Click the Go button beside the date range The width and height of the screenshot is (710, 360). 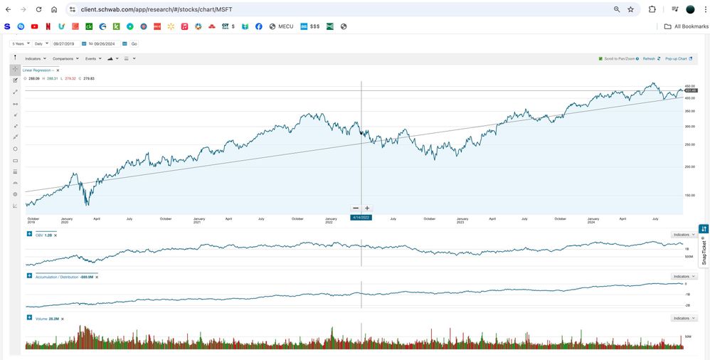134,44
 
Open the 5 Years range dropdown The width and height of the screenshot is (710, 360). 19,44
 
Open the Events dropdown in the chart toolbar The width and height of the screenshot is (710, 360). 93,58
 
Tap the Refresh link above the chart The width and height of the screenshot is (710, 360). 649,58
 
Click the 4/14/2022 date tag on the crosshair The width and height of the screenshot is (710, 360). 361,217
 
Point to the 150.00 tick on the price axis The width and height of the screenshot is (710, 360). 689,195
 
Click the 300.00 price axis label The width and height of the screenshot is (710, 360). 689,127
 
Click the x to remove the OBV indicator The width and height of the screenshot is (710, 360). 55,235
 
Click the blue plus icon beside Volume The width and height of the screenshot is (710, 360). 29,318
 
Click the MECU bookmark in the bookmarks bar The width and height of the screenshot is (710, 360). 281,26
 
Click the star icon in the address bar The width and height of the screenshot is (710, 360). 630,9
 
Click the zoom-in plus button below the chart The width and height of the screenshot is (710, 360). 367,208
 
